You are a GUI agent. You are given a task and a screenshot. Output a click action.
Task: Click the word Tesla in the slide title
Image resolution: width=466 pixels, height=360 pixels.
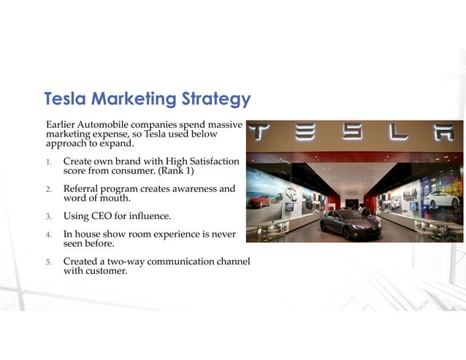65,99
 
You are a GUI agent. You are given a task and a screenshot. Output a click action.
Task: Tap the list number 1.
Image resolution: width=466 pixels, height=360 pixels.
48,161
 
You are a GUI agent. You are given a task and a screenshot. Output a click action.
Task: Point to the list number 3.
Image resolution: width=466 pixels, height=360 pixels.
48,217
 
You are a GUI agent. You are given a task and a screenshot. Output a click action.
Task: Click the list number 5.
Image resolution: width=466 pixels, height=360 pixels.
48,262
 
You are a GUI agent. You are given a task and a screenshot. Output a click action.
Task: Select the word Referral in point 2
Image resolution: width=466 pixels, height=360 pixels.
83,188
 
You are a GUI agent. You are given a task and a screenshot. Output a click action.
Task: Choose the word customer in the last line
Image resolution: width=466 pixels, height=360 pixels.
107,271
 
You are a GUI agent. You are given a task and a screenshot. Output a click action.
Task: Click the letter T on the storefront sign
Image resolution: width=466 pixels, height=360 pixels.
258,133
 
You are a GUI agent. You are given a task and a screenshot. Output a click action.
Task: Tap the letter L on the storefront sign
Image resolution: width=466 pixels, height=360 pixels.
398,133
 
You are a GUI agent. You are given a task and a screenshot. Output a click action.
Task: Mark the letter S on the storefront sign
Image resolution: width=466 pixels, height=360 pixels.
351,133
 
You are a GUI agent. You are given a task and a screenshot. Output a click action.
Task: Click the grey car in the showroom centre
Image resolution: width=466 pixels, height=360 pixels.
351,223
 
